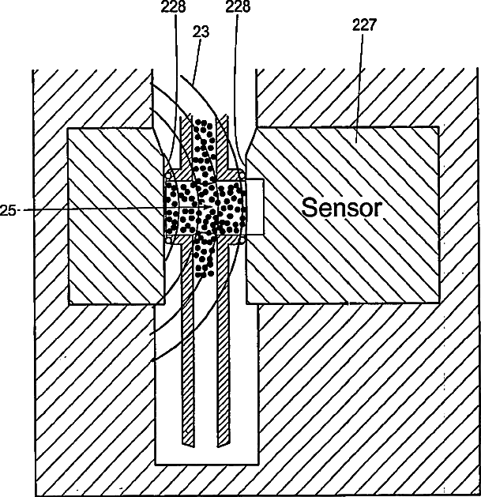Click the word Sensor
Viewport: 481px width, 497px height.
[x=343, y=208]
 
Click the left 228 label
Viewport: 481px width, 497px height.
[x=173, y=7]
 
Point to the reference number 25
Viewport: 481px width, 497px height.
[x=9, y=209]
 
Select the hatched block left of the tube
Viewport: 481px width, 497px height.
[x=115, y=215]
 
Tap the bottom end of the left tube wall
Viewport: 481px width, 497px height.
[x=187, y=440]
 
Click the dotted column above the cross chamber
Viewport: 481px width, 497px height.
[x=204, y=150]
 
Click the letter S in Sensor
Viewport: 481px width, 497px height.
[x=310, y=208]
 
